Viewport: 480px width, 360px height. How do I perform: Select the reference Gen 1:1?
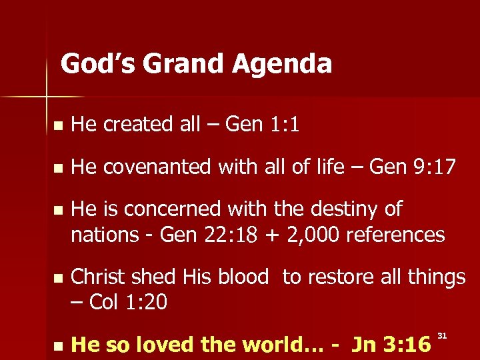262,124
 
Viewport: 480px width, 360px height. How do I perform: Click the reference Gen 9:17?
413,167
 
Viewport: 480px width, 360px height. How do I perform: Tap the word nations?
102,234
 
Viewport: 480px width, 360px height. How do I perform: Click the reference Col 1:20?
127,302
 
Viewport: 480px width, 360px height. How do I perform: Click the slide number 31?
442,333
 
